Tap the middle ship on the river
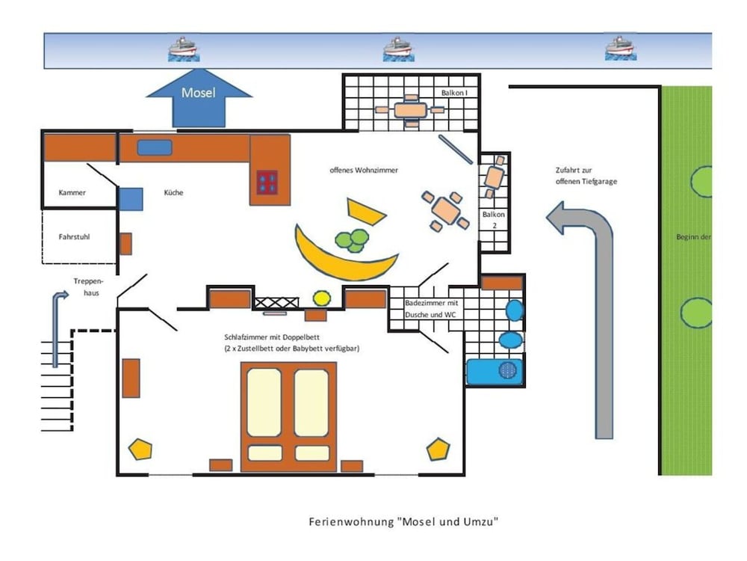[x=399, y=49]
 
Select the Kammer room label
[x=72, y=192]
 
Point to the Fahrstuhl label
[x=75, y=237]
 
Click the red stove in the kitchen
[x=267, y=183]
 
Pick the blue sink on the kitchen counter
[x=155, y=148]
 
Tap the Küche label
[x=173, y=192]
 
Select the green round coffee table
[x=352, y=240]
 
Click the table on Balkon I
[x=410, y=110]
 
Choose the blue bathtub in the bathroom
[x=495, y=371]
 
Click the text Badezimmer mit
[x=430, y=304]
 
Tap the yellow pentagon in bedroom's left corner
[x=140, y=449]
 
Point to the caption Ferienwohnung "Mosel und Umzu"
[x=403, y=521]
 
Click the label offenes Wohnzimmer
[x=364, y=170]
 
